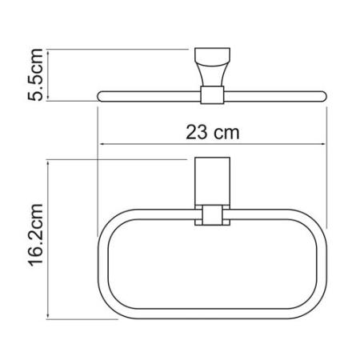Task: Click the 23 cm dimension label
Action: point(213,133)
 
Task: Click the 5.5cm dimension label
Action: point(35,75)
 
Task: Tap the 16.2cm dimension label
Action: point(35,235)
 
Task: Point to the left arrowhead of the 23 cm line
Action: point(102,144)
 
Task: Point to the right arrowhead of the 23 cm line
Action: point(322,144)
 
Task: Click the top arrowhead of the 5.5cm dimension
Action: point(48,53)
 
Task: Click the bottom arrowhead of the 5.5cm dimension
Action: point(48,98)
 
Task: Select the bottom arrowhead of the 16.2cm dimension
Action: point(48,316)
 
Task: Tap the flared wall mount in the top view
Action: point(212,66)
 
